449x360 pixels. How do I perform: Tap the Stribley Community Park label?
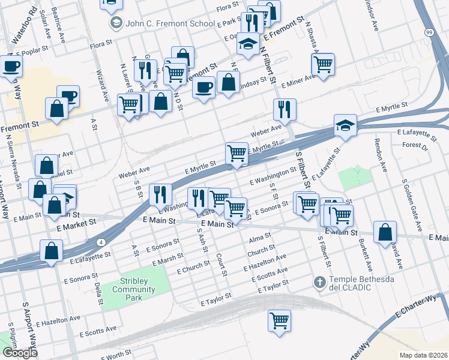133,285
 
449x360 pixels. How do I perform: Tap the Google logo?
19,353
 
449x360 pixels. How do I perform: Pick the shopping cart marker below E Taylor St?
280,320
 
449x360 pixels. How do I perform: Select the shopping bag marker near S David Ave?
385,232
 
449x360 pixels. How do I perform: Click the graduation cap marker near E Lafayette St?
346,125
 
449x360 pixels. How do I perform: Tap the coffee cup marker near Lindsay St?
204,87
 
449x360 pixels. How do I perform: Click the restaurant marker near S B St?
160,194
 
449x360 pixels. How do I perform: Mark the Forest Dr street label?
414,145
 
